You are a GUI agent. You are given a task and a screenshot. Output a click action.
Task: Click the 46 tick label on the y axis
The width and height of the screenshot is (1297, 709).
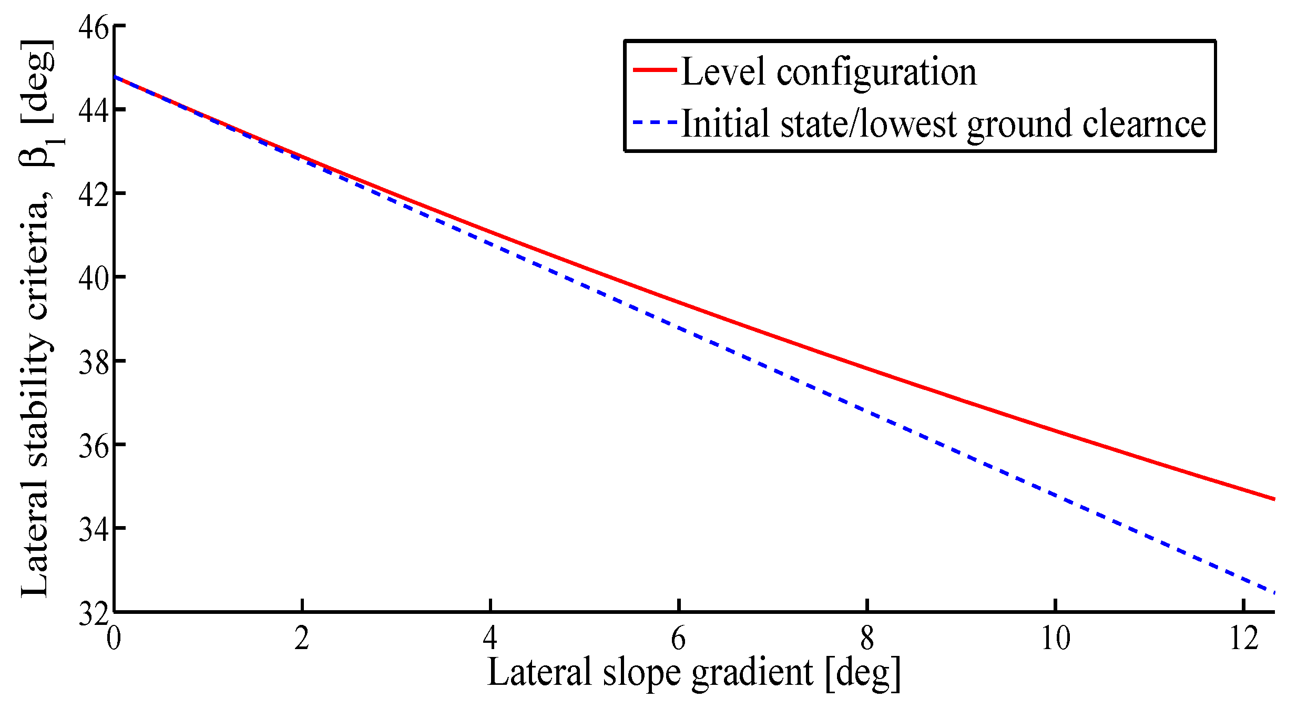tap(93, 26)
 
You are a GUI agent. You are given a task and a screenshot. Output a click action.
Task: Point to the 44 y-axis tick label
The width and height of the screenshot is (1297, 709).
tap(93, 110)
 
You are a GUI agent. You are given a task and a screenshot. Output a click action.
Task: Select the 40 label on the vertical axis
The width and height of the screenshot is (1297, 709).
tap(93, 278)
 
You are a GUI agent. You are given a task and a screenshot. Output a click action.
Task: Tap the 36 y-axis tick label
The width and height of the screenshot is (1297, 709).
tap(93, 445)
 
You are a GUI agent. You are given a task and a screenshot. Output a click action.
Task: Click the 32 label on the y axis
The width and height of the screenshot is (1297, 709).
tap(93, 613)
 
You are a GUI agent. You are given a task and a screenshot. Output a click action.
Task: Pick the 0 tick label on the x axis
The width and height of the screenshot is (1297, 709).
tap(114, 638)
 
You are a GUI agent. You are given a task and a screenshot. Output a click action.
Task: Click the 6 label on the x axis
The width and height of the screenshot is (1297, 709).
tap(678, 638)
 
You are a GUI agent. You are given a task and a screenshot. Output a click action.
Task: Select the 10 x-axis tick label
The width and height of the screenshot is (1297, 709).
tap(1055, 638)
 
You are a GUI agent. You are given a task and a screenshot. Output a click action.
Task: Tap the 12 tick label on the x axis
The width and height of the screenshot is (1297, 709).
tap(1243, 638)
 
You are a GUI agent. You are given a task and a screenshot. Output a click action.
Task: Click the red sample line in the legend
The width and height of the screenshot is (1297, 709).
tap(655, 70)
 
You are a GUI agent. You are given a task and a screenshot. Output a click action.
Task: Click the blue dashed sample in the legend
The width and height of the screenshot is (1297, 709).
tap(655, 122)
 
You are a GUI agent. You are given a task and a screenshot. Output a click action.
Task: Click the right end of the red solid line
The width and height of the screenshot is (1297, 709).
tap(1274, 499)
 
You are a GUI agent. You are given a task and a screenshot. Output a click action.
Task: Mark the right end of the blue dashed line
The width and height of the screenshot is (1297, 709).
tap(1274, 592)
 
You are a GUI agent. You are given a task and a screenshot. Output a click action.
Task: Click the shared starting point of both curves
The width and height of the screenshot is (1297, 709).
tap(115, 77)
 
